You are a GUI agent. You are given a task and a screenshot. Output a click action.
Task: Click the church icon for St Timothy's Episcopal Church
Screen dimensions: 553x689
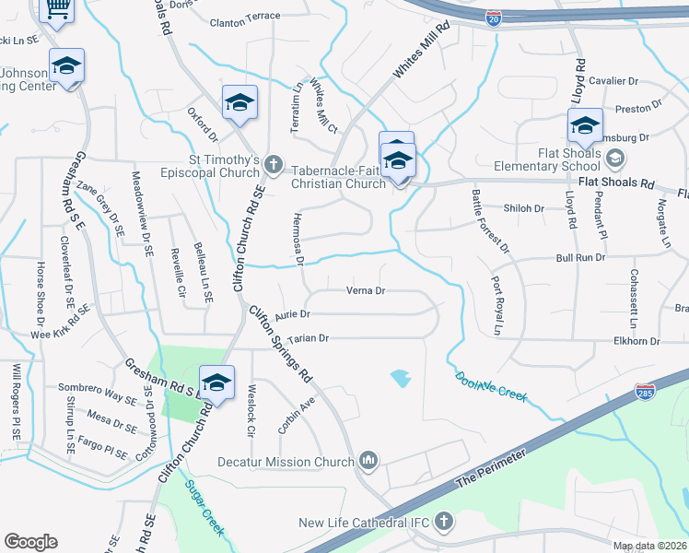(x=272, y=164)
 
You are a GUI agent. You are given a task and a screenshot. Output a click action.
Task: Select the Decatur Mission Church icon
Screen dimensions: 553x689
(x=368, y=459)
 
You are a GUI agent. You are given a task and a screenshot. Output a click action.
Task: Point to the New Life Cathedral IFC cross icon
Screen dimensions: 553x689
(x=443, y=523)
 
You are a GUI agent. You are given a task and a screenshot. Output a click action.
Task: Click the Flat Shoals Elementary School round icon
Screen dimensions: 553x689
(x=613, y=159)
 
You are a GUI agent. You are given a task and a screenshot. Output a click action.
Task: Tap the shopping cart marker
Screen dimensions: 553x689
(x=57, y=11)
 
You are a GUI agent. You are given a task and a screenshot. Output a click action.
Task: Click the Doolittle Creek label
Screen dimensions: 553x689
(x=491, y=385)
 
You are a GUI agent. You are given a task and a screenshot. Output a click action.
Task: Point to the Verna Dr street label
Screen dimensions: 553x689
(x=364, y=290)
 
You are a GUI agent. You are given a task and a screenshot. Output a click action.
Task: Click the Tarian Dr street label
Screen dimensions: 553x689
(x=309, y=339)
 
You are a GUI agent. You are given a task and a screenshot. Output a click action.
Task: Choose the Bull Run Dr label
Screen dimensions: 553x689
(x=580, y=259)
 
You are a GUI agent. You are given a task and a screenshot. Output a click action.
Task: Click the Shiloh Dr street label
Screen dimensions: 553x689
(x=524, y=208)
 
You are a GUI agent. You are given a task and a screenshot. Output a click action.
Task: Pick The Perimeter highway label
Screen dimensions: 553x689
(x=492, y=470)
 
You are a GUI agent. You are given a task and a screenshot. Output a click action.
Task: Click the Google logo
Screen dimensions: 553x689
(x=30, y=542)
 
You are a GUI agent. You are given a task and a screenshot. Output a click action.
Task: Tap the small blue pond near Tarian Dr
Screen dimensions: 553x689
(x=400, y=376)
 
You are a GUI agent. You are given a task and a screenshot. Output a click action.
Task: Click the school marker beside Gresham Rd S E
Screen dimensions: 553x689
(x=216, y=382)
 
